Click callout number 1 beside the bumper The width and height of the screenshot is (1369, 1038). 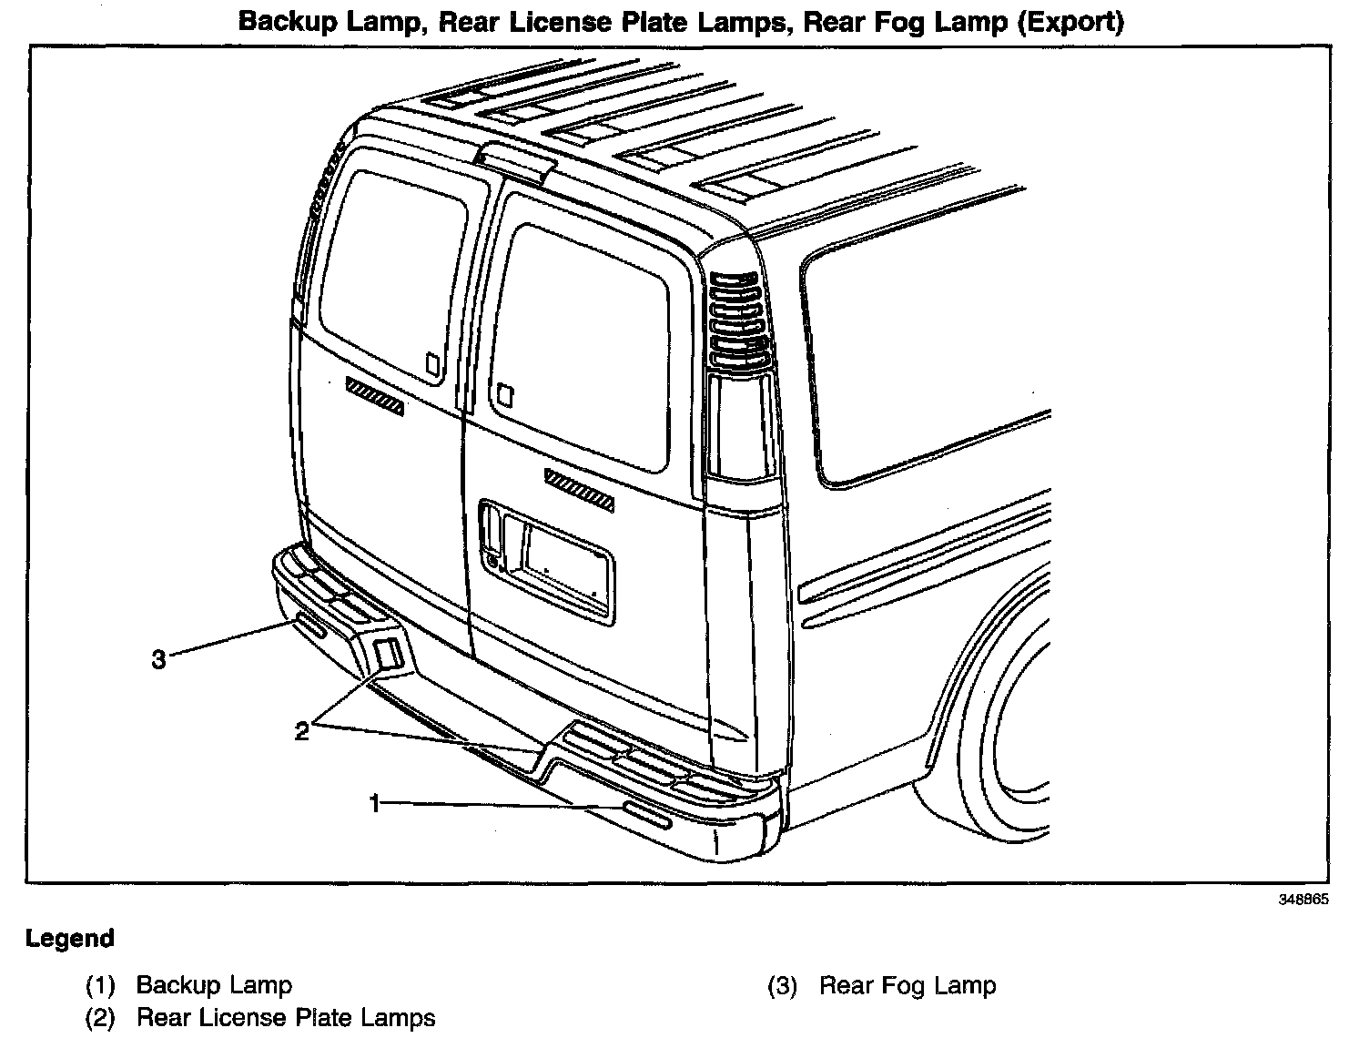coord(374,802)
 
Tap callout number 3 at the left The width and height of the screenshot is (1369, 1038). coord(159,658)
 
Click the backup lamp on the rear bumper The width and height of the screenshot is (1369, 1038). coord(646,817)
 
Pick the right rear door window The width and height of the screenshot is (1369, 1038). coord(583,346)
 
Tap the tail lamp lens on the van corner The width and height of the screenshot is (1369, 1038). coord(739,423)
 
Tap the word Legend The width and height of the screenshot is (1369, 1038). coord(70,939)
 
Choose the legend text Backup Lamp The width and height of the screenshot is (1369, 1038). coord(214,985)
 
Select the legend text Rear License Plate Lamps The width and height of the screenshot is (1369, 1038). coord(286,1018)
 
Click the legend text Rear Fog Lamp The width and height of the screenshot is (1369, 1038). coord(908,985)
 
